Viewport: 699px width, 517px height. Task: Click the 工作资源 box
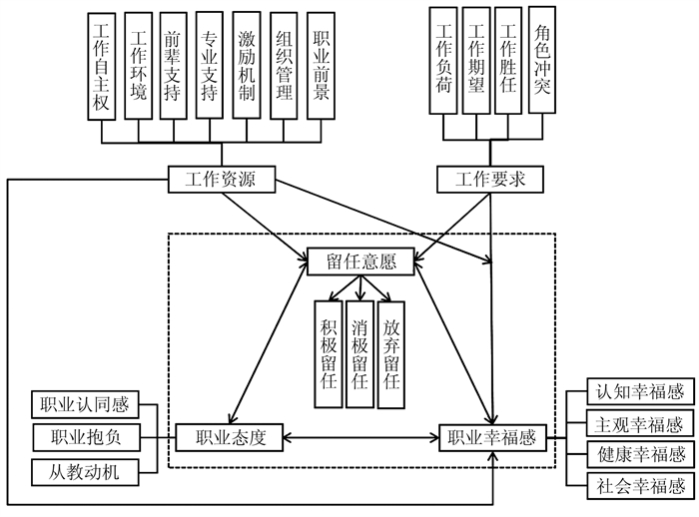pos(219,180)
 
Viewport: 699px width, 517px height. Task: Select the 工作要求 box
pos(489,180)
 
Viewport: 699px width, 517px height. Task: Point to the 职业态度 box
pos(231,436)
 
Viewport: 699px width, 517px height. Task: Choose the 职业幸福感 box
pos(493,436)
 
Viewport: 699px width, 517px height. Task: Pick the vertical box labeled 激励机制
pos(248,66)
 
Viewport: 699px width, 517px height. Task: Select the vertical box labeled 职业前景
pos(321,66)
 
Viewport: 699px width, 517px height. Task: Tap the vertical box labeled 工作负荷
pos(445,60)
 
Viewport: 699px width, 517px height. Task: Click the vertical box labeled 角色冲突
pos(542,60)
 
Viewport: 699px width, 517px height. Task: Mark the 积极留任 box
pos(329,354)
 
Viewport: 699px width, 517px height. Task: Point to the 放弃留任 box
pos(392,354)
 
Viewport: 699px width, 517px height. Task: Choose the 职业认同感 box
pos(85,406)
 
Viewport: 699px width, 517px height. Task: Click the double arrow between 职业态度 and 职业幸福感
pos(362,436)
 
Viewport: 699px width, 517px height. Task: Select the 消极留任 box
pos(360,354)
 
